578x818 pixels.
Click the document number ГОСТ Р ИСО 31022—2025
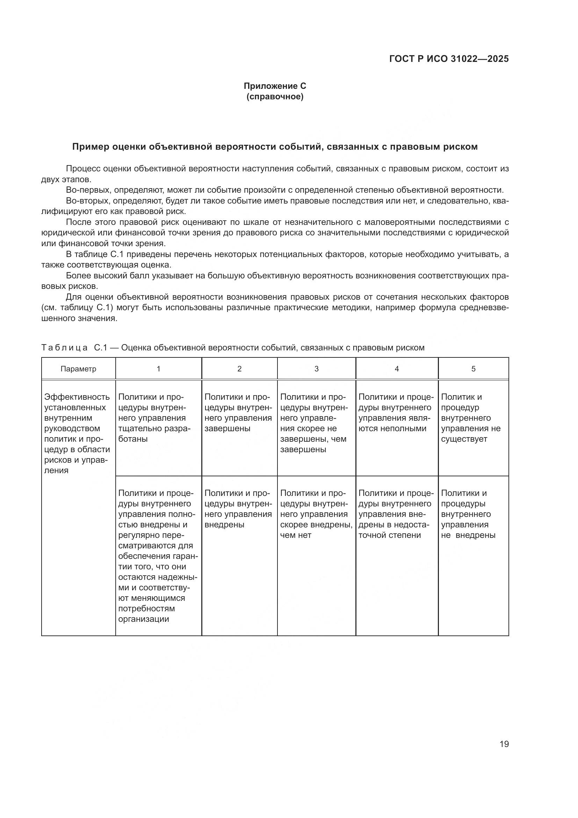point(449,59)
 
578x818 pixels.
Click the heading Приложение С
point(275,86)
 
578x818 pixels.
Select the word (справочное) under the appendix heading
point(275,97)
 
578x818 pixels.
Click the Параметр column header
point(78,369)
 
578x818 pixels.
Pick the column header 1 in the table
point(158,369)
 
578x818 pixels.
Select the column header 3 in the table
point(316,369)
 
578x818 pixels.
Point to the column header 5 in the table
point(474,369)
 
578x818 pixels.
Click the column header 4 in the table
point(397,369)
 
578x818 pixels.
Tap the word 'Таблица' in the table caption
point(64,347)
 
